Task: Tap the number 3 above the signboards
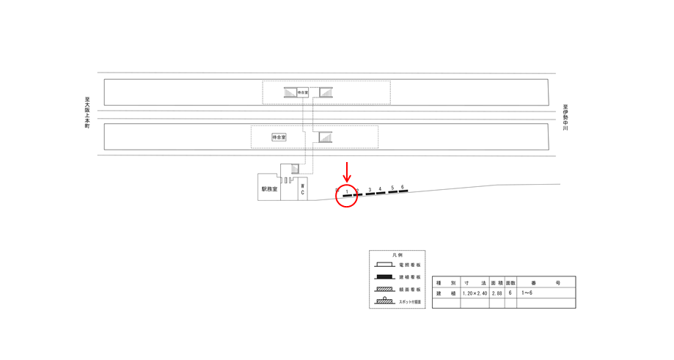click(x=370, y=191)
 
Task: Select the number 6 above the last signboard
click(x=403, y=187)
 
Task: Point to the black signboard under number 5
click(x=392, y=193)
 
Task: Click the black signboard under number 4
click(x=381, y=194)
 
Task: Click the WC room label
click(x=302, y=190)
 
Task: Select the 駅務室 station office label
click(x=269, y=189)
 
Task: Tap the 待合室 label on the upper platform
click(x=303, y=92)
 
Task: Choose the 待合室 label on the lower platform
click(x=279, y=137)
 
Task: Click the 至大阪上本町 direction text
click(x=87, y=113)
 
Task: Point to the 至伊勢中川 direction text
click(x=565, y=117)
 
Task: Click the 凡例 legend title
click(x=397, y=255)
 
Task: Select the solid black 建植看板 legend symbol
click(x=385, y=277)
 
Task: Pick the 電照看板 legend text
click(x=410, y=265)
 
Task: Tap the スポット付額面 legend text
click(x=410, y=301)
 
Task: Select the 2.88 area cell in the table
click(x=497, y=293)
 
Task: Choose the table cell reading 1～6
click(x=528, y=293)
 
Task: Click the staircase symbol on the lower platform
click(x=324, y=137)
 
